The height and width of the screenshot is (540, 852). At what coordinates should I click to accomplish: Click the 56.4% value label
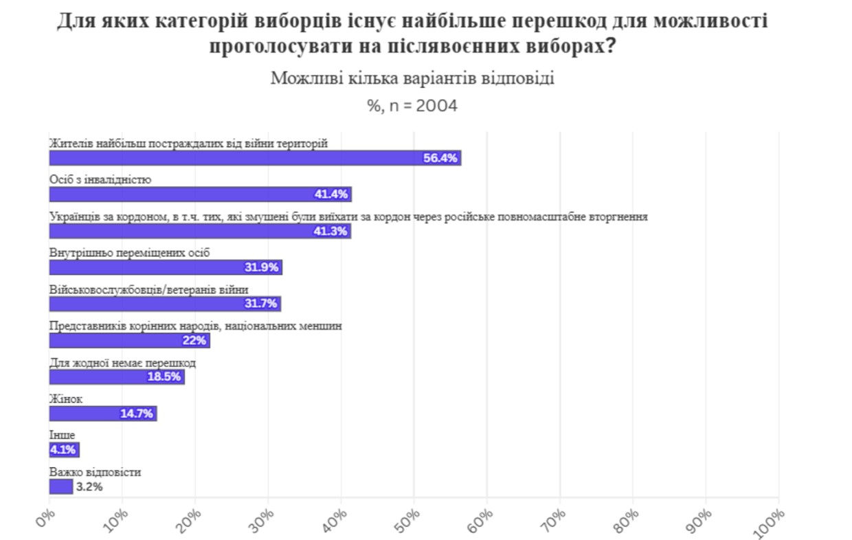[440, 158]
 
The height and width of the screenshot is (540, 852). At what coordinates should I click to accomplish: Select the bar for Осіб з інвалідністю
[200, 194]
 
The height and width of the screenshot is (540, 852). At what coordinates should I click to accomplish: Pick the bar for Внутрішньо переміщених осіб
[166, 267]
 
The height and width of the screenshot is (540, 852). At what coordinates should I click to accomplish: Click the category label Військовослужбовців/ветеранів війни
[148, 289]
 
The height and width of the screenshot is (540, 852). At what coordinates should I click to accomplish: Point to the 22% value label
[194, 341]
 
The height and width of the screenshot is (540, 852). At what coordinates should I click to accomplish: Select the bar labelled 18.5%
[117, 377]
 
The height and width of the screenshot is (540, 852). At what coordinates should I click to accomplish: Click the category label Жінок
[66, 398]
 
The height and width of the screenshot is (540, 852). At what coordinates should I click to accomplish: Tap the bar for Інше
[64, 451]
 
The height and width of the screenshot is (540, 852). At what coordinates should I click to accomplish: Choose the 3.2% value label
[89, 487]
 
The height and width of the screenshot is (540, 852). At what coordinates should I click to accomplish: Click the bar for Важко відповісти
[60, 486]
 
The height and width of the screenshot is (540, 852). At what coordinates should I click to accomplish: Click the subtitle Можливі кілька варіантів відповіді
[412, 78]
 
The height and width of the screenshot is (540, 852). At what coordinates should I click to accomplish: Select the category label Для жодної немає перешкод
[122, 362]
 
